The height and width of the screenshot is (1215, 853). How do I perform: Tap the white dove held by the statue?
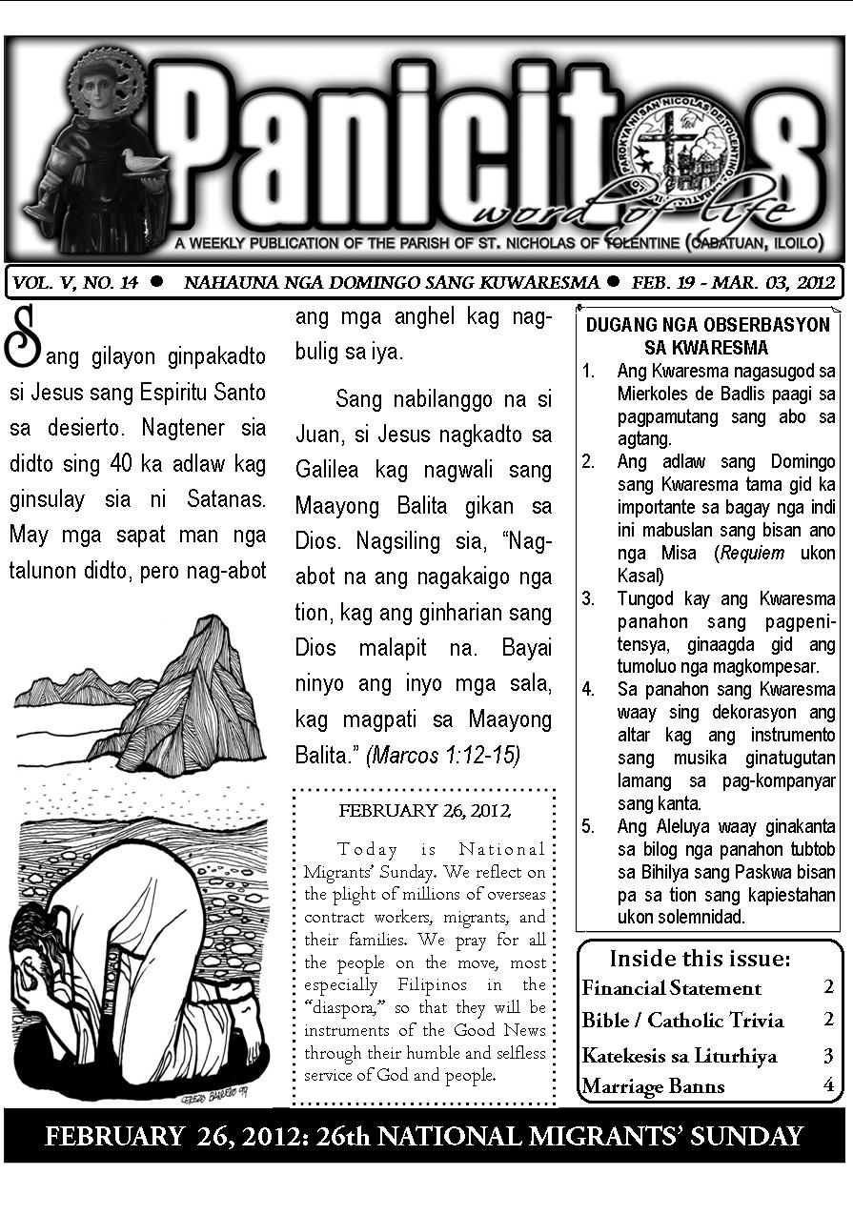coord(143,162)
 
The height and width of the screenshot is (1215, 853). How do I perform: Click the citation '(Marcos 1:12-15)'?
coord(443,755)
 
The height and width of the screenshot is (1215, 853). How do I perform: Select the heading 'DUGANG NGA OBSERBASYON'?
coord(707,324)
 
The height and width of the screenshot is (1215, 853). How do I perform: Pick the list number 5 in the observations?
coord(588,826)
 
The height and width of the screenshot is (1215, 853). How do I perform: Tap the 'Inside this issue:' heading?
coord(700,958)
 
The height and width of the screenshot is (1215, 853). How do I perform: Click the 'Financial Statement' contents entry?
coord(672,988)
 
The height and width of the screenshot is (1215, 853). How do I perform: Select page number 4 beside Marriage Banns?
coord(828,1084)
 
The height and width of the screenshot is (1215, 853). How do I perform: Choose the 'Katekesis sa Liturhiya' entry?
coord(680,1055)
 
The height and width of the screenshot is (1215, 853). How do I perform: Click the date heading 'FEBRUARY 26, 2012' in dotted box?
coord(424,811)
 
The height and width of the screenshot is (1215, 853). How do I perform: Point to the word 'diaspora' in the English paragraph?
coord(337,1006)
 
